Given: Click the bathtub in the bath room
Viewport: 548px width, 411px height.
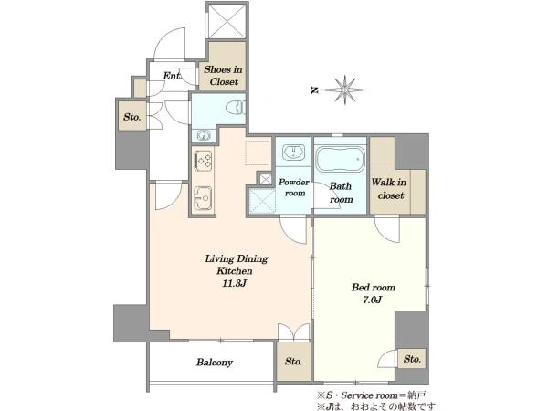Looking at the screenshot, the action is pyautogui.click(x=341, y=159).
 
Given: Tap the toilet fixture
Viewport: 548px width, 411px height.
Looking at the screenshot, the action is pyautogui.click(x=237, y=108).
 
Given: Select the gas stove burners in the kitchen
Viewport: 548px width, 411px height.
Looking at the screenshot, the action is pyautogui.click(x=203, y=161).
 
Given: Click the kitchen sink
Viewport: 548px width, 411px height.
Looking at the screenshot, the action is pyautogui.click(x=203, y=198).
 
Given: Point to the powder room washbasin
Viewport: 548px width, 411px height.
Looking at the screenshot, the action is pyautogui.click(x=293, y=152).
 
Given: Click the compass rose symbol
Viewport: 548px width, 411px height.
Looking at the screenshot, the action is pyautogui.click(x=344, y=90).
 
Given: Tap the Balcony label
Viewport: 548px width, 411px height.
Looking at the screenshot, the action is pyautogui.click(x=215, y=363).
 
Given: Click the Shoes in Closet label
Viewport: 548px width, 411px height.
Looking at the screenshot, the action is pyautogui.click(x=224, y=76).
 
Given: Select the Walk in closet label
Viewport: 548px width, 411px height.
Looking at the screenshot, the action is pyautogui.click(x=389, y=189).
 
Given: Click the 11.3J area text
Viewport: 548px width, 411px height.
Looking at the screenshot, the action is pyautogui.click(x=235, y=283).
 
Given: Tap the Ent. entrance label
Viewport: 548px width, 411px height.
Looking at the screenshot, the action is pyautogui.click(x=172, y=76).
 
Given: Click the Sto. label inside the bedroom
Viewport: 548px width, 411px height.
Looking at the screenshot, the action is pyautogui.click(x=413, y=359).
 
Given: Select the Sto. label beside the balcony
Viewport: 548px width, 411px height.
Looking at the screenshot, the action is pyautogui.click(x=293, y=362).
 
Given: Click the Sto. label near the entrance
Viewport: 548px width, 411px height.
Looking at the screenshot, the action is pyautogui.click(x=132, y=117).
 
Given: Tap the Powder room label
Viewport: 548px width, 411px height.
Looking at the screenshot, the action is pyautogui.click(x=294, y=187).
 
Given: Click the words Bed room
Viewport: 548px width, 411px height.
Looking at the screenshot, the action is pyautogui.click(x=374, y=288).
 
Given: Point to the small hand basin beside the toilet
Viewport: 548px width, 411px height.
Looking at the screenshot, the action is pyautogui.click(x=203, y=135).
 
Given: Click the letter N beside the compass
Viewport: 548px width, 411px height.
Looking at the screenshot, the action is pyautogui.click(x=314, y=90).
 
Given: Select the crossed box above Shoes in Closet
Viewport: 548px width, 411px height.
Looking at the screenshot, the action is pyautogui.click(x=227, y=21).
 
